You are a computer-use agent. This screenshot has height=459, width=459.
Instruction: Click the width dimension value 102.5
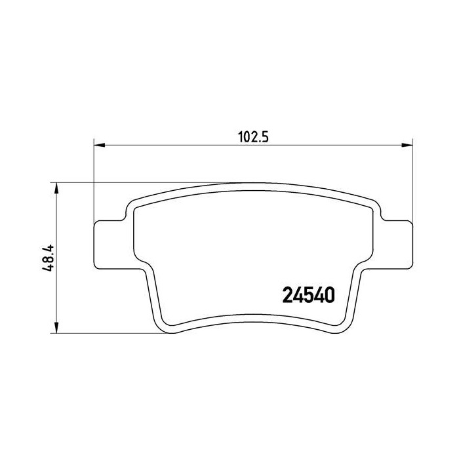tap(252, 136)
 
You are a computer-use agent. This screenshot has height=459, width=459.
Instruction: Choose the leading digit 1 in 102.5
tap(239, 136)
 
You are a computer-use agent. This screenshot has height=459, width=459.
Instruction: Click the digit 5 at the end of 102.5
tap(266, 136)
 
